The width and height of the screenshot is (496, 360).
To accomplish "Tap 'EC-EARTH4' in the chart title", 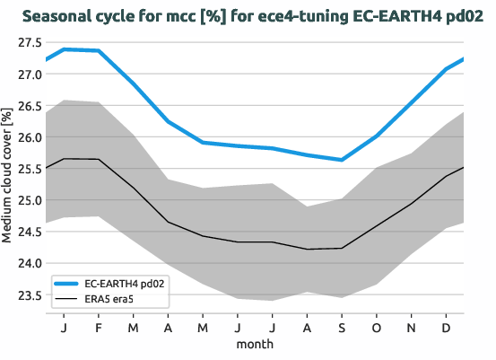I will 377,16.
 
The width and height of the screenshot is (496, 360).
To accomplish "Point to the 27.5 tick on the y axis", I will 27,42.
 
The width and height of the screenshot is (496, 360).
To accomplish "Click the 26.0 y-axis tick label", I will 27,137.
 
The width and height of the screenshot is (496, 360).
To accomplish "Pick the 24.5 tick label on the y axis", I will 27,232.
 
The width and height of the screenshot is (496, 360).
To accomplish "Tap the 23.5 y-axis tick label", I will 27,295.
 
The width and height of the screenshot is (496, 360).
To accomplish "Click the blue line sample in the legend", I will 68,282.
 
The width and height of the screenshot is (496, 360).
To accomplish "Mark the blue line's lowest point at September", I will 341,160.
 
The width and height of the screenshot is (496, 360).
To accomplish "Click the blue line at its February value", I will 98,50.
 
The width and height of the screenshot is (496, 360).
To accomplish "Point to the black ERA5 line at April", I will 168,221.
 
